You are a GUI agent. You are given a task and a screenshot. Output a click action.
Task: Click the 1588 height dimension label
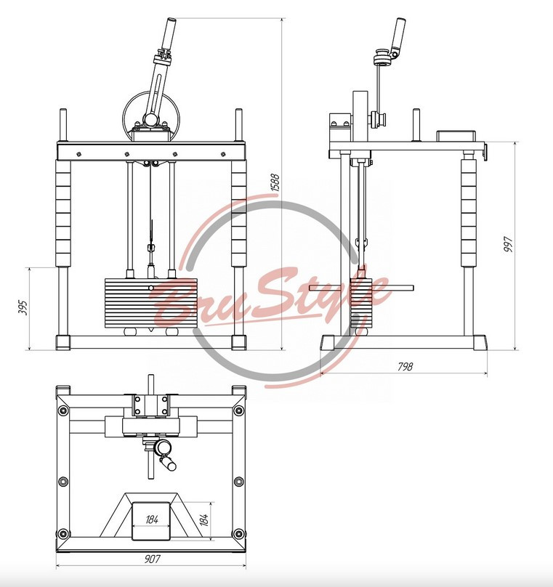(275, 182)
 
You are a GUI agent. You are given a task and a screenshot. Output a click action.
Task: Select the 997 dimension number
(507, 244)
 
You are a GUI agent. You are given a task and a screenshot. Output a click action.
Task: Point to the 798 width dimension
(405, 366)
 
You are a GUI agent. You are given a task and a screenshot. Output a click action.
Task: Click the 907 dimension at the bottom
(153, 559)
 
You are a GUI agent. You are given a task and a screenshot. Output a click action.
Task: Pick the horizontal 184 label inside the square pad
(152, 519)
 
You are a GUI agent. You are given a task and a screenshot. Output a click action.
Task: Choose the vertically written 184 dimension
(204, 519)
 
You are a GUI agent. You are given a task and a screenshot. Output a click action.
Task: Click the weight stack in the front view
(150, 303)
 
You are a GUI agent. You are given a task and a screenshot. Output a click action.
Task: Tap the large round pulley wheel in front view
(152, 116)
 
